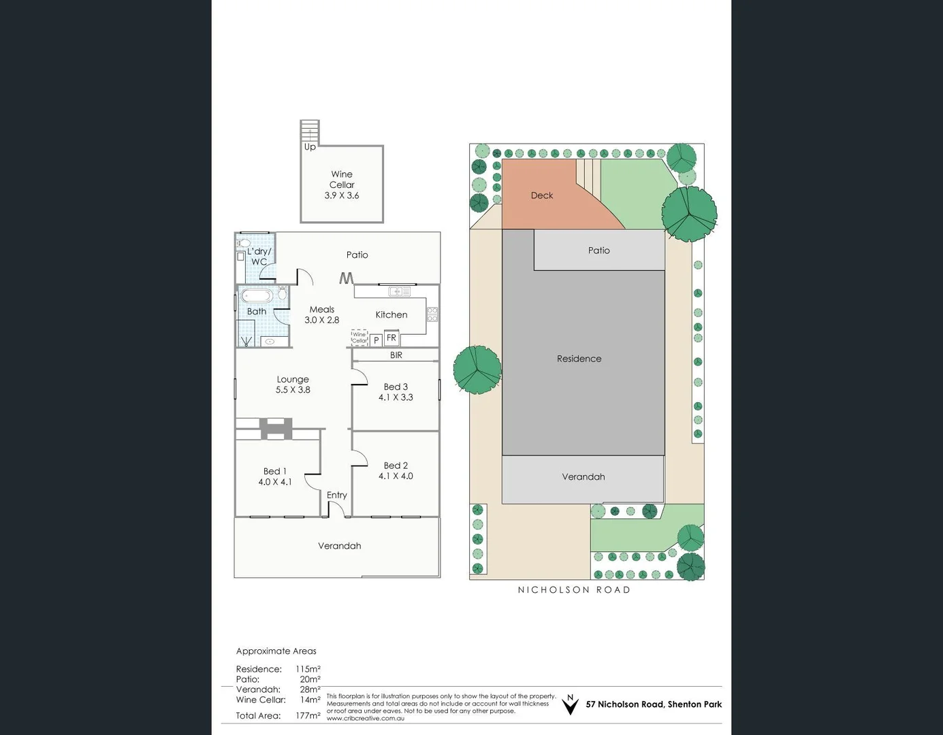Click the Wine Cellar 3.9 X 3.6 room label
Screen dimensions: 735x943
pos(342,184)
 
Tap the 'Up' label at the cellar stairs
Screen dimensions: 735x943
pos(310,147)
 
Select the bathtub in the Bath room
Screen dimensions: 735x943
pos(257,296)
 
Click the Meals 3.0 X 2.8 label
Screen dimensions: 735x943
pos(321,314)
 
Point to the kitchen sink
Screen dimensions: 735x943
pos(399,291)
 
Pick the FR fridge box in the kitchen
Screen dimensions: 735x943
pos(391,338)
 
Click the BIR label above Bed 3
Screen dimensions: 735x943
pos(396,355)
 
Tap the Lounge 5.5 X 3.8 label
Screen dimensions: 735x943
pos(293,385)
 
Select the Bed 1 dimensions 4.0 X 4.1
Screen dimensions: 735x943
pos(275,482)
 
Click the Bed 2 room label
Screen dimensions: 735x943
pos(396,465)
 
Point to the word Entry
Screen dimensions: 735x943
pos(336,495)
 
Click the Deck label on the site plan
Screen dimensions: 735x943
pos(542,195)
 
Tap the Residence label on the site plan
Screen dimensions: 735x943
pos(579,359)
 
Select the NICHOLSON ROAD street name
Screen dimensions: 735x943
pos(574,590)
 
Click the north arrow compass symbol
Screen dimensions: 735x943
pos(570,705)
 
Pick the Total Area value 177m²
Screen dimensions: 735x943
pos(308,715)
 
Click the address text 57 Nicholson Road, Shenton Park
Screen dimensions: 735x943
pos(654,704)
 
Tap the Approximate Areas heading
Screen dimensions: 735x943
pos(276,651)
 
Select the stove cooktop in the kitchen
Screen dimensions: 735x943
pos(432,314)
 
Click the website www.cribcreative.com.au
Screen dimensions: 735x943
pos(365,718)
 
